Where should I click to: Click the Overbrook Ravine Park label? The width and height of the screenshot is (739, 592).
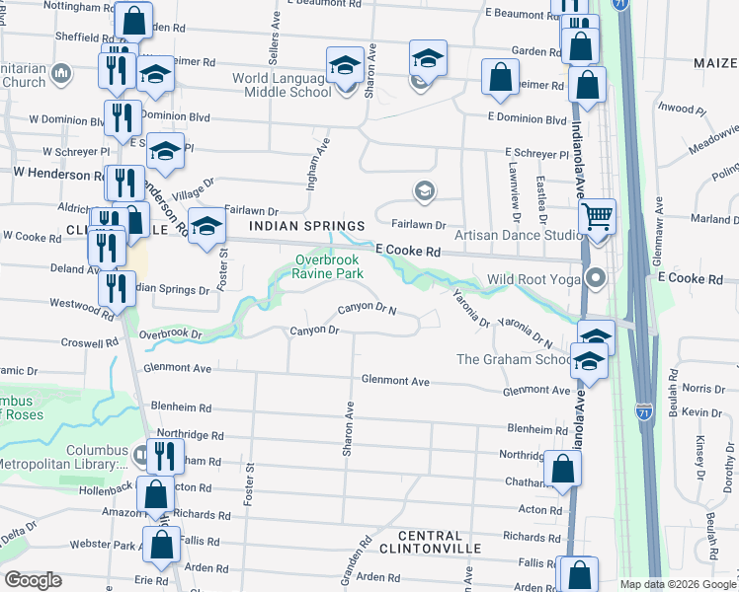[x=329, y=266]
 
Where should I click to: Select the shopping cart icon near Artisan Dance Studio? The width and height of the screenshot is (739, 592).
[x=597, y=216]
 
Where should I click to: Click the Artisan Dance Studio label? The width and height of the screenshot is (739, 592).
[x=518, y=235]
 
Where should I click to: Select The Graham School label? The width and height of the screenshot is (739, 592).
[x=513, y=359]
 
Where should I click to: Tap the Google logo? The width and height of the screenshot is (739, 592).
[x=34, y=580]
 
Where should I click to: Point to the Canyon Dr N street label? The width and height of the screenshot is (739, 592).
[x=367, y=309]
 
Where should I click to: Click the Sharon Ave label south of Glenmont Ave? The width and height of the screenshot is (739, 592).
[x=348, y=429]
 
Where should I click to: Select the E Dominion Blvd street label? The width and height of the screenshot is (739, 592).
[x=527, y=118]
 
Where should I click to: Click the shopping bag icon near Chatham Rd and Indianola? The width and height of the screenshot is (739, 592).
[x=562, y=473]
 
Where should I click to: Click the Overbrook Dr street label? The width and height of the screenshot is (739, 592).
[x=170, y=334]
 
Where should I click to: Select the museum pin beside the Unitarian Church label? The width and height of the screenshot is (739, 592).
[x=61, y=73]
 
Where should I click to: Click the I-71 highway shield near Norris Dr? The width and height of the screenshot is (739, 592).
[x=643, y=407]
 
